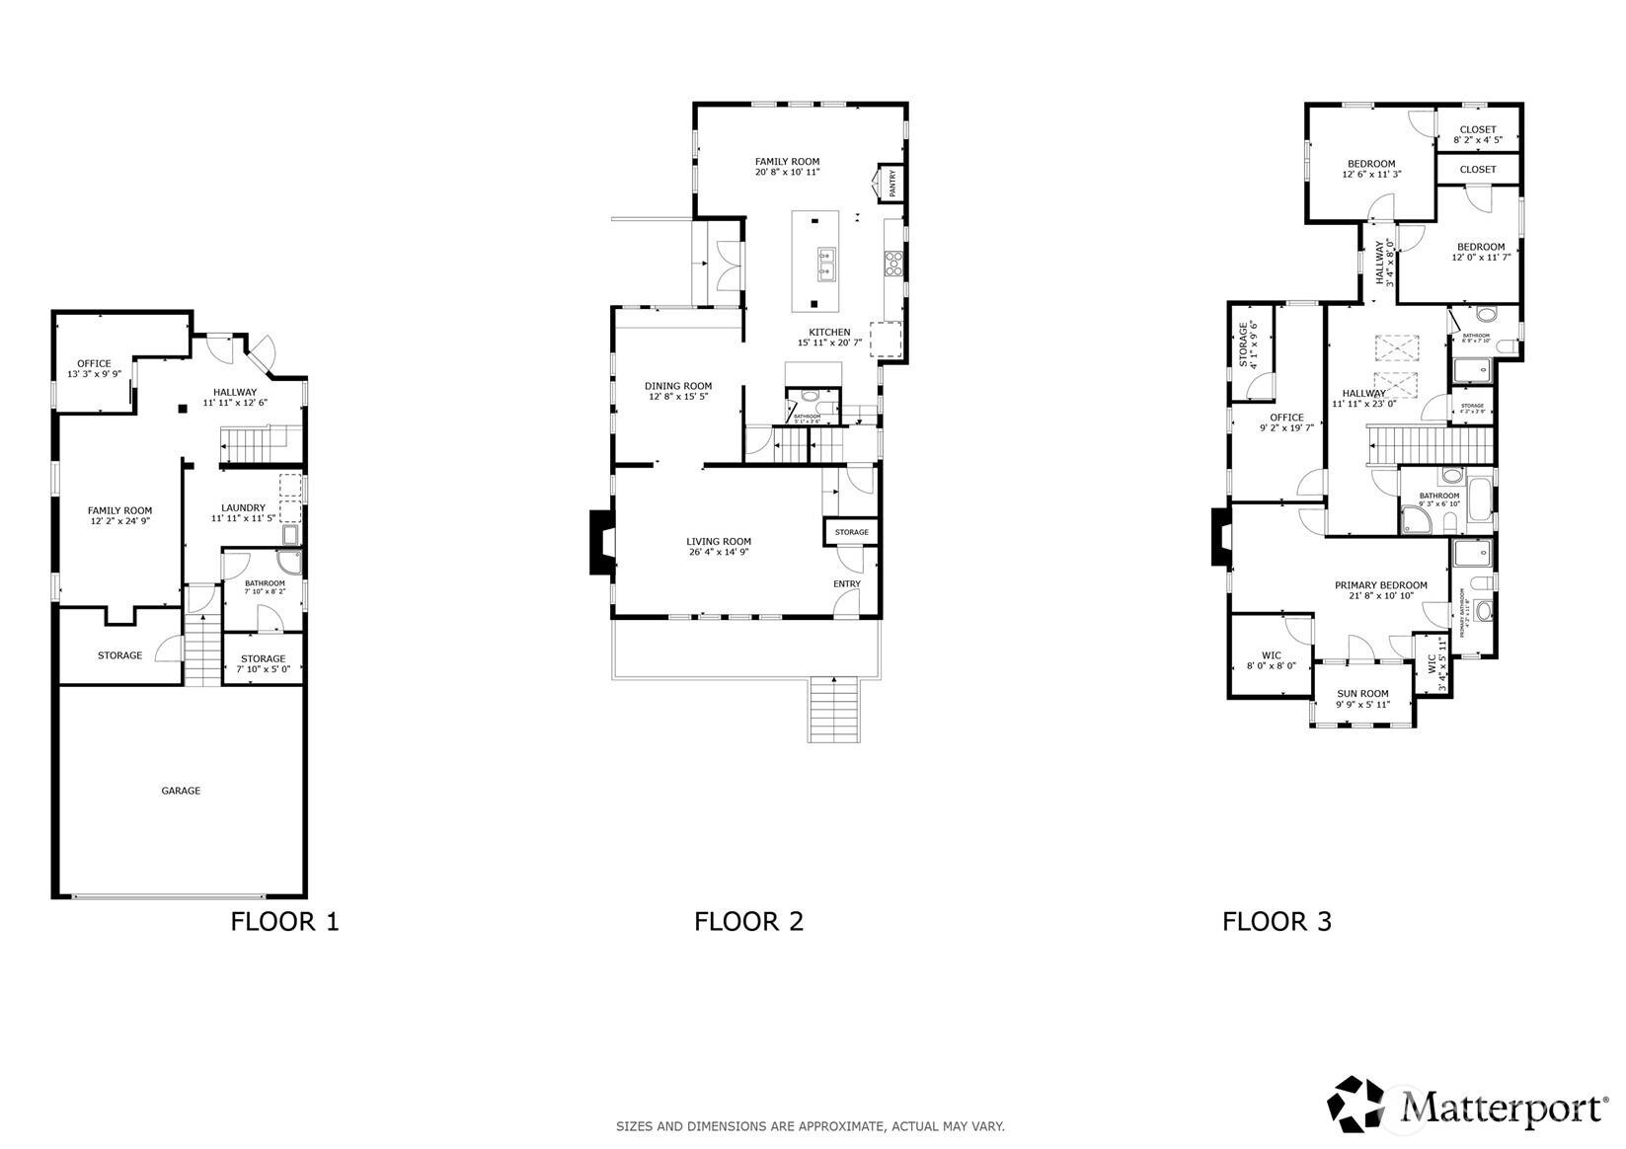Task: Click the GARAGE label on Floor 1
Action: point(181,791)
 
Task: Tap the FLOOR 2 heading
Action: point(748,922)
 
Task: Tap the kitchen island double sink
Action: point(826,264)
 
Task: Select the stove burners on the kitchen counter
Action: point(893,262)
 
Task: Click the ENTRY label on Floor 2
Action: point(846,584)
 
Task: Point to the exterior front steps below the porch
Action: point(835,710)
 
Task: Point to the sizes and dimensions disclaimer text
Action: point(810,1126)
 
